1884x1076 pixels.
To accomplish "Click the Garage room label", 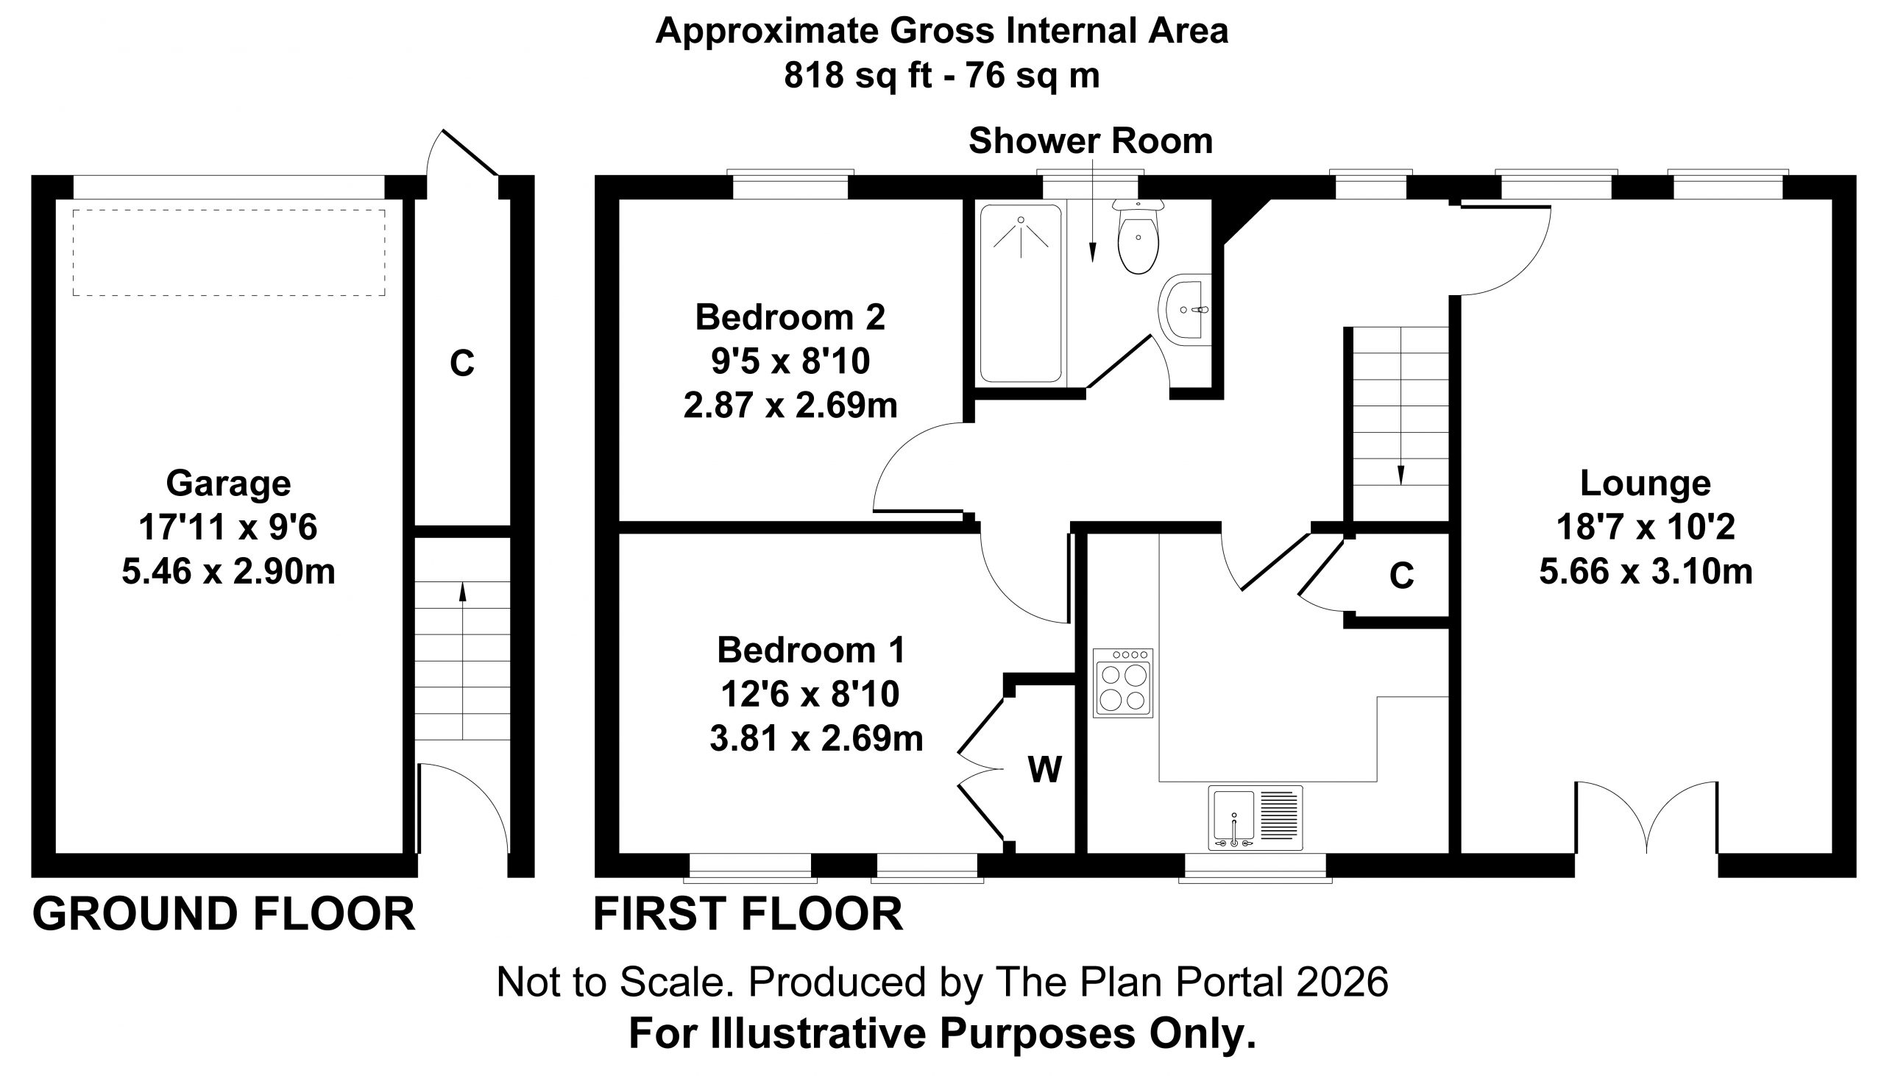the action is point(228,484).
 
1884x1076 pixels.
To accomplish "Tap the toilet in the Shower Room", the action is point(1138,236).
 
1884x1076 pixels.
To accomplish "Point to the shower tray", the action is point(1020,294).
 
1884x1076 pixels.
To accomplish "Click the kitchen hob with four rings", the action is point(1123,683).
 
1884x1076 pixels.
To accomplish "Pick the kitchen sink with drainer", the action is point(1256,818).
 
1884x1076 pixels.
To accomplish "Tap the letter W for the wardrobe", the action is point(1045,769).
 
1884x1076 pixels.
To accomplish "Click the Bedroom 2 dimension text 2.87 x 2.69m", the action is point(790,405).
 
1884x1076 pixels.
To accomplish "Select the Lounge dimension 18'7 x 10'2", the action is point(1646,528).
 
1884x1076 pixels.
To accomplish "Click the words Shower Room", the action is point(1091,141).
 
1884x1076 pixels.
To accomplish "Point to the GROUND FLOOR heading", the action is point(224,914).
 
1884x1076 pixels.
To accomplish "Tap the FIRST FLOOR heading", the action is point(748,914).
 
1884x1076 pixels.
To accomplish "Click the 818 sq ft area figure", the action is point(858,75).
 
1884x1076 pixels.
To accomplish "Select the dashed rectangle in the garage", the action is point(229,252).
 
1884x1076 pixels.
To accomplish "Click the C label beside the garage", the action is point(461,363).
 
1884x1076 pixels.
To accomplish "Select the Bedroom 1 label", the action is point(811,651).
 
